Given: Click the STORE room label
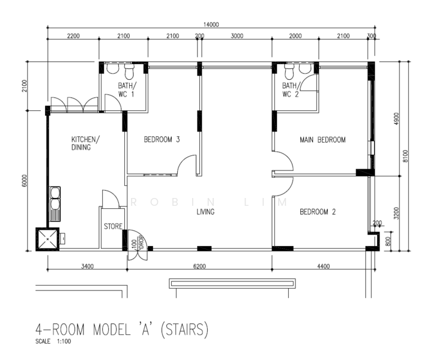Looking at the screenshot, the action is coord(113,226).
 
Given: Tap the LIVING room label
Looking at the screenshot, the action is coord(205,212).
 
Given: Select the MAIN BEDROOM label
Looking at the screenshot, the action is coord(322,140).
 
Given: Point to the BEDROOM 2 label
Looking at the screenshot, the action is coord(318,212).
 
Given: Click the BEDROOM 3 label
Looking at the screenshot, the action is coord(162,139).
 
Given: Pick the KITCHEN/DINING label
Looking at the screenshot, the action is coord(85,143).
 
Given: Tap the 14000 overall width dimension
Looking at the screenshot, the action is coord(211,25).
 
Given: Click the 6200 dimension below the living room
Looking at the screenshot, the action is coord(199,266).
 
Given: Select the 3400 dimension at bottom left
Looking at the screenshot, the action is coord(87,266).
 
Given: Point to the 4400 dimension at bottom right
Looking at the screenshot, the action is coord(324,266).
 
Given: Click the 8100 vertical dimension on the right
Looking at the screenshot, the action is coord(405,156).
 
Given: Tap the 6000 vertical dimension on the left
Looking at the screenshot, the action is coord(25,181).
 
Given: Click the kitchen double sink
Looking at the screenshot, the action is coord(55,204).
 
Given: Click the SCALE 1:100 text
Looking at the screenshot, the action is coord(53,341).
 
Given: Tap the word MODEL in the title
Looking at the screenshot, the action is coord(112,329).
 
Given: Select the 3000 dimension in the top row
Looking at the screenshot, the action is coord(237,36).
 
